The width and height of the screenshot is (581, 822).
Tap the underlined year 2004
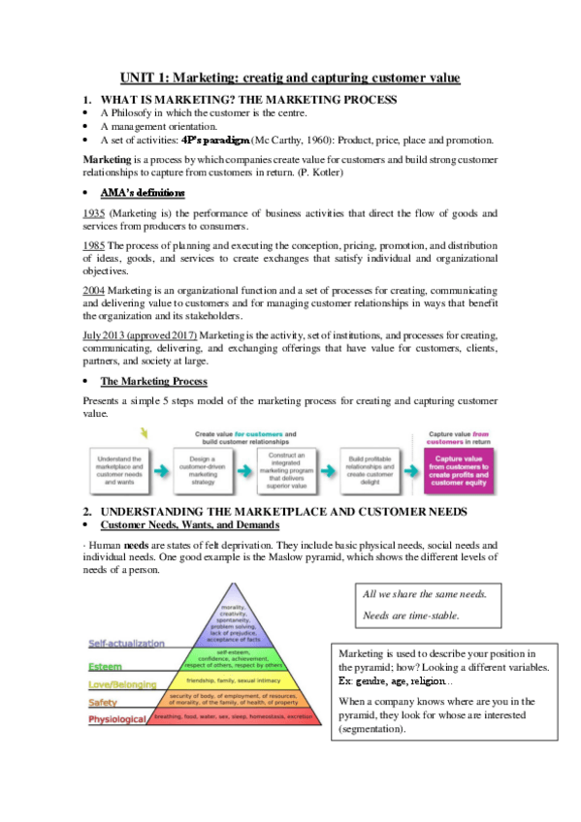tap(94, 291)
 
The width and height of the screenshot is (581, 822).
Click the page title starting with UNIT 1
tap(290, 78)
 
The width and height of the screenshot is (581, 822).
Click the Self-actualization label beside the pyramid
tap(126, 643)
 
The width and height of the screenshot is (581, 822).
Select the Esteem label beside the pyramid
tap(105, 667)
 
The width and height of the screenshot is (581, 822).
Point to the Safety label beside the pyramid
tap(104, 702)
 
